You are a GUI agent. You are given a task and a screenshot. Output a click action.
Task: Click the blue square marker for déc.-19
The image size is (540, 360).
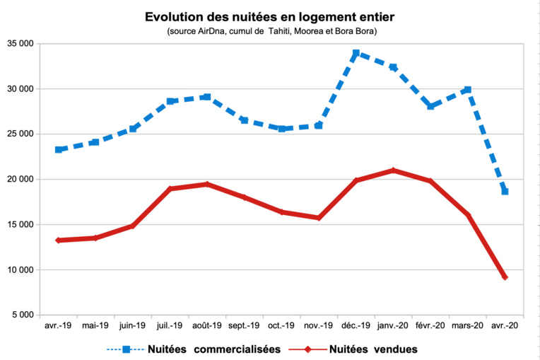356,53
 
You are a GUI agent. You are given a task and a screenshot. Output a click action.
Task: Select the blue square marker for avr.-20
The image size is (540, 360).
505,192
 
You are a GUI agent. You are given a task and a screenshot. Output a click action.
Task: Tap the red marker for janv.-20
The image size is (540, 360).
393,170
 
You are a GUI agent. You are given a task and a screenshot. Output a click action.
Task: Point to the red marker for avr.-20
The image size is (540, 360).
505,277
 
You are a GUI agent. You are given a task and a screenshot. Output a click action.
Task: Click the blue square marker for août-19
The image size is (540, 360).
206,97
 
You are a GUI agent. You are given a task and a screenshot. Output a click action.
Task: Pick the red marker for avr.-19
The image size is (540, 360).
58,240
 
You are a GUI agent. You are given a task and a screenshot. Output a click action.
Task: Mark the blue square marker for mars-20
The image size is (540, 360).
467,90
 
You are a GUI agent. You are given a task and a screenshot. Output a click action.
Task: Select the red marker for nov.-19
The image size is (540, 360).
319,218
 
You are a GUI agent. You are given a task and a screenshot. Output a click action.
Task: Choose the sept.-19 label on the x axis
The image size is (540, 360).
244,326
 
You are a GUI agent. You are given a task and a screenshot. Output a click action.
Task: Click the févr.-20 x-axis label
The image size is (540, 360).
430,326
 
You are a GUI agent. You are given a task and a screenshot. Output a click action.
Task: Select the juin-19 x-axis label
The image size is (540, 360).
132,326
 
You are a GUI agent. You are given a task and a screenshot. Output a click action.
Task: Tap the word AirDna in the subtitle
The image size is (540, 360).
212,32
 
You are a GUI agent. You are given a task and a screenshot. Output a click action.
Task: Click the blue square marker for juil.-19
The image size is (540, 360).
170,101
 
